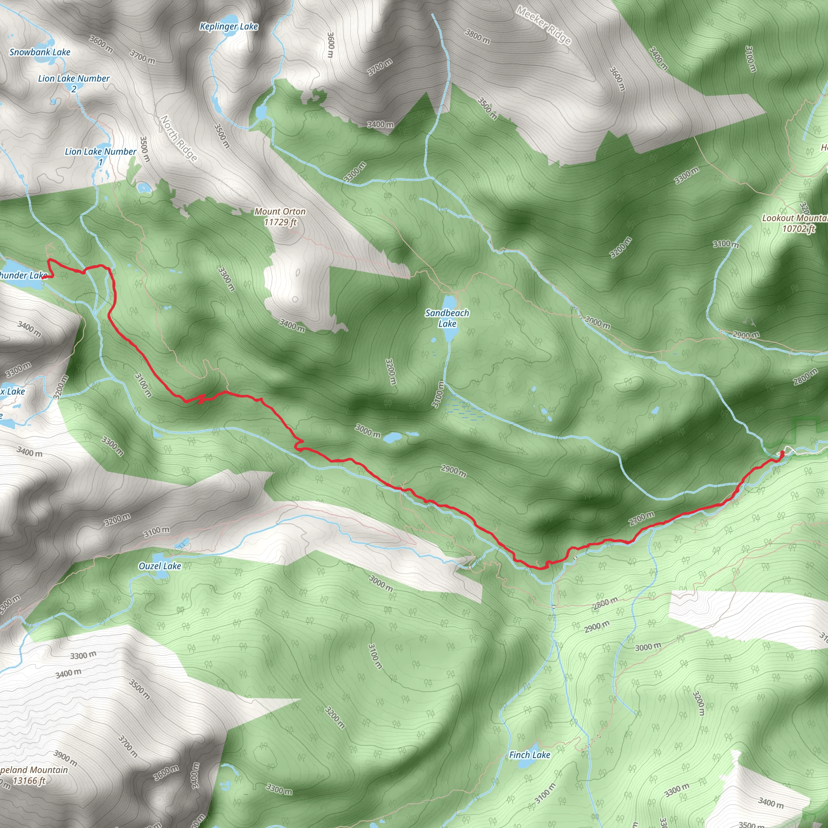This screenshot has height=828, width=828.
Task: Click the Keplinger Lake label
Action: tap(229, 27)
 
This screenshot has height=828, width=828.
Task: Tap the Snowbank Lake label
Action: tap(40, 52)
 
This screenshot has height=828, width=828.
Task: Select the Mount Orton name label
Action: tap(280, 211)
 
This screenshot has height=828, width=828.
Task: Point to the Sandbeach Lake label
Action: tap(447, 318)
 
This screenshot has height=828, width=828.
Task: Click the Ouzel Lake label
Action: tap(160, 566)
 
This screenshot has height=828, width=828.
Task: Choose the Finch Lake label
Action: tap(529, 755)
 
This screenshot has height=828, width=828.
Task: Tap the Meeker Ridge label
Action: tap(543, 25)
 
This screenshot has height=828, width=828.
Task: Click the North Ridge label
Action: tap(179, 138)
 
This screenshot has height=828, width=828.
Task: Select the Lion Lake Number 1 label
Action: tap(100, 156)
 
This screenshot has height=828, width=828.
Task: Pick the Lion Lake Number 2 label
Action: tap(74, 83)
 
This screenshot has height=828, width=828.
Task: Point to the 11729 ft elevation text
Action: tap(280, 222)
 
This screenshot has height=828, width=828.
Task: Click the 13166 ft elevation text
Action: tap(29, 780)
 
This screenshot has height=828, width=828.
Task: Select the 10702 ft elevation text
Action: tap(798, 228)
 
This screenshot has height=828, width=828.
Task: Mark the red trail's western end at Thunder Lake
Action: tap(44, 277)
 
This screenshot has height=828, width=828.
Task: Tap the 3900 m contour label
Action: tap(65, 758)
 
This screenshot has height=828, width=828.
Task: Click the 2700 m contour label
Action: tap(641, 518)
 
